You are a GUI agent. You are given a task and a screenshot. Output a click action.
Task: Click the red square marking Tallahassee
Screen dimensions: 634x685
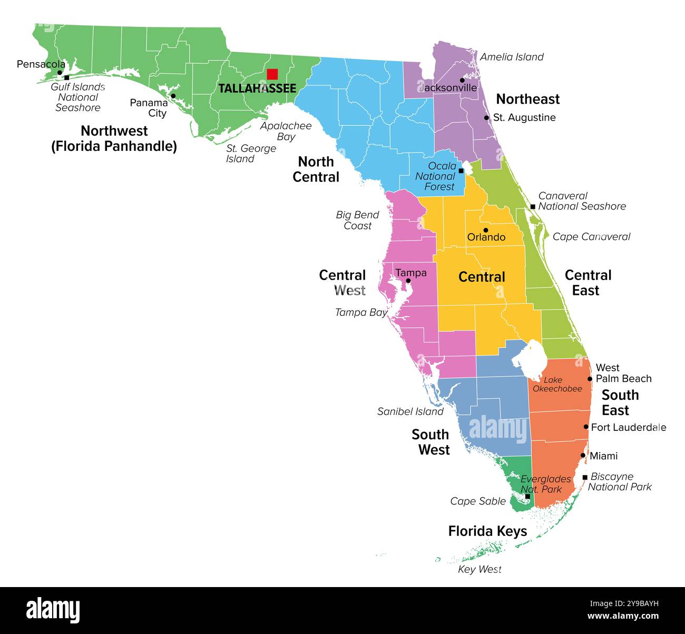pos(272,74)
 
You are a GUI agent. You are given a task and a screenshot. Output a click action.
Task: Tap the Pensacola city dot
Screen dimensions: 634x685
pos(60,73)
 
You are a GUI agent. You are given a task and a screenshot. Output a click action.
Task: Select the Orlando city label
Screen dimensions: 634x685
pos(486,237)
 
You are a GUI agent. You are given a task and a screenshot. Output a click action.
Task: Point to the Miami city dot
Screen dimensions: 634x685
pos(583,455)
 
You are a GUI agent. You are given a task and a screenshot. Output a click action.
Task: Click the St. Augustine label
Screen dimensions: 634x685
pos(524,118)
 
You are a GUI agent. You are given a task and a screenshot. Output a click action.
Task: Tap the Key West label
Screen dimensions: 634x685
pos(479,569)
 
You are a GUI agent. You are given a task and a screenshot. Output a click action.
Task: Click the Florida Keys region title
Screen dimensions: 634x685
pos(487,531)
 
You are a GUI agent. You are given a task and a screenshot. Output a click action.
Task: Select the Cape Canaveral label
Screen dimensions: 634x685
pos(591,237)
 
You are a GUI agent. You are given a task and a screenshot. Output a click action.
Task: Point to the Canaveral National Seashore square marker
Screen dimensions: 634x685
pos(533,207)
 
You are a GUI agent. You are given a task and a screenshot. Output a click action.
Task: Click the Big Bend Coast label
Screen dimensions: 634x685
pos(358,220)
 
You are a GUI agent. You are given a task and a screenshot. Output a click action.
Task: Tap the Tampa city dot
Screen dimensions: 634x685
pos(408,281)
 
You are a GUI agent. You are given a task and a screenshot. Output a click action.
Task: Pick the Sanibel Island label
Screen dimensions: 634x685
pos(410,411)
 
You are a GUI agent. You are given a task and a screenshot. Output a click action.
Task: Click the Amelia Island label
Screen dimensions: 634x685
pos(512,57)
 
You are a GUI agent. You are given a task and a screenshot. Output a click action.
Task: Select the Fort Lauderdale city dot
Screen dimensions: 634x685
pos(586,427)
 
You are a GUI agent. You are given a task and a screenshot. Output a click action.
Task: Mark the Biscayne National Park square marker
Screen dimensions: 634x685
pos(585,477)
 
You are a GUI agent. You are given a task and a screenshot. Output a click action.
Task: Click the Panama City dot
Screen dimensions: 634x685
pos(173,96)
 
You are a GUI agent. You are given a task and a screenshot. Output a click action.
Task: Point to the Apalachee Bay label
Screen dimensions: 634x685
pos(286,131)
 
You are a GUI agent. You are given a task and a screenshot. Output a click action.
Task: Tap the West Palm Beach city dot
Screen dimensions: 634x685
pos(590,379)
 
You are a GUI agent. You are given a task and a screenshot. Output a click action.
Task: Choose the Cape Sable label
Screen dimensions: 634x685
pos(478,501)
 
